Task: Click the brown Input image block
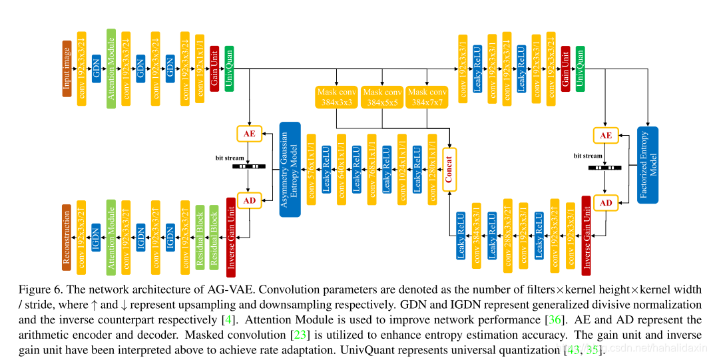pos(67,69)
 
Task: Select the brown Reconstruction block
pos(67,238)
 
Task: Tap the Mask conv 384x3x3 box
pos(336,97)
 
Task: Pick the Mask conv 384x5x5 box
pos(382,97)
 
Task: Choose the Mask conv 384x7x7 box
pos(427,97)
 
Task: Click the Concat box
pos(449,169)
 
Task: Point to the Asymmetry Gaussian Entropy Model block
pos(290,168)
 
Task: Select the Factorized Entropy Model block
pos(647,164)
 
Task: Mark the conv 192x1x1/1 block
pos(200,69)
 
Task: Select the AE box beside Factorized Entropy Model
pos(605,135)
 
